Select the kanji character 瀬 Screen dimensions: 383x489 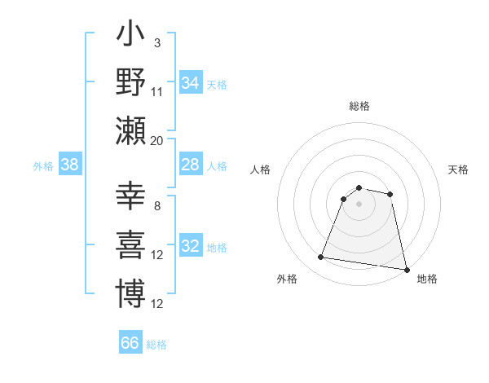click(x=130, y=130)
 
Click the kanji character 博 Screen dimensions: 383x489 click(x=130, y=293)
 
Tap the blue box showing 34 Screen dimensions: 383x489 click(x=190, y=82)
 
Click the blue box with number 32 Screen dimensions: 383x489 click(x=190, y=247)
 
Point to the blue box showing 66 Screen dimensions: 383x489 click(x=130, y=343)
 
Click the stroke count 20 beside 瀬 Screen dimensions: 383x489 click(x=157, y=140)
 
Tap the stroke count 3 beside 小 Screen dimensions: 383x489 click(x=157, y=42)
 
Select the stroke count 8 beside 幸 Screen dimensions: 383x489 click(x=157, y=205)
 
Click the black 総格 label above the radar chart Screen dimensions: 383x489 click(x=359, y=106)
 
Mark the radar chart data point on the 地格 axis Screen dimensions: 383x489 click(x=406, y=268)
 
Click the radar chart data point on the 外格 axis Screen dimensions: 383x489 click(x=320, y=258)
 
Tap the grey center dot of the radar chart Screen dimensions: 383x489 click(x=359, y=204)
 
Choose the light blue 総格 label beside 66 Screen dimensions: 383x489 click(x=156, y=345)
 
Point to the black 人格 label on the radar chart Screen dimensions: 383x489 click(x=261, y=169)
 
